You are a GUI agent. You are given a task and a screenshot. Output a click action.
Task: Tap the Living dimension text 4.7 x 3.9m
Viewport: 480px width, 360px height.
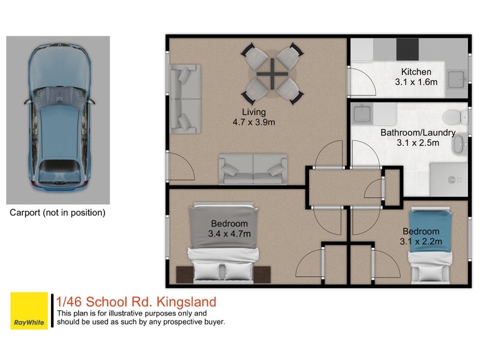pos(254,122)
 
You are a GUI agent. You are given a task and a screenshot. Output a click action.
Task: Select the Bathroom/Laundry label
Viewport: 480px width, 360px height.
pos(418,133)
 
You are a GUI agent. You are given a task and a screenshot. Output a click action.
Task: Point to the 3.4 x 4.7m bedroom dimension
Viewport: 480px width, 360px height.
pos(229,233)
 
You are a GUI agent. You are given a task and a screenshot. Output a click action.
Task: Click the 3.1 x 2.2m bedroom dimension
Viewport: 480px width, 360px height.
pos(421,241)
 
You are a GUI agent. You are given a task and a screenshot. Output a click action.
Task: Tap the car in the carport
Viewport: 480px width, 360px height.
pos(59,116)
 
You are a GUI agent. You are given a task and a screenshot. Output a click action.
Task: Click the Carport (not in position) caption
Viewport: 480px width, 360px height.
pos(58,212)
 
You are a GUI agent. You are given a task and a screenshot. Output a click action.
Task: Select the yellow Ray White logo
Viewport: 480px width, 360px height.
pos(29,311)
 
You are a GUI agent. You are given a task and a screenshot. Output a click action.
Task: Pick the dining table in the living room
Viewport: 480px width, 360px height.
pos(273,74)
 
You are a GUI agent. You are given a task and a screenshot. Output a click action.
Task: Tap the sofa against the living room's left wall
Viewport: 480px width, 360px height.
pos(184,98)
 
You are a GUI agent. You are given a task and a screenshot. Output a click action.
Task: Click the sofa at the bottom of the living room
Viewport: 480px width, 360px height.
pos(253,167)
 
